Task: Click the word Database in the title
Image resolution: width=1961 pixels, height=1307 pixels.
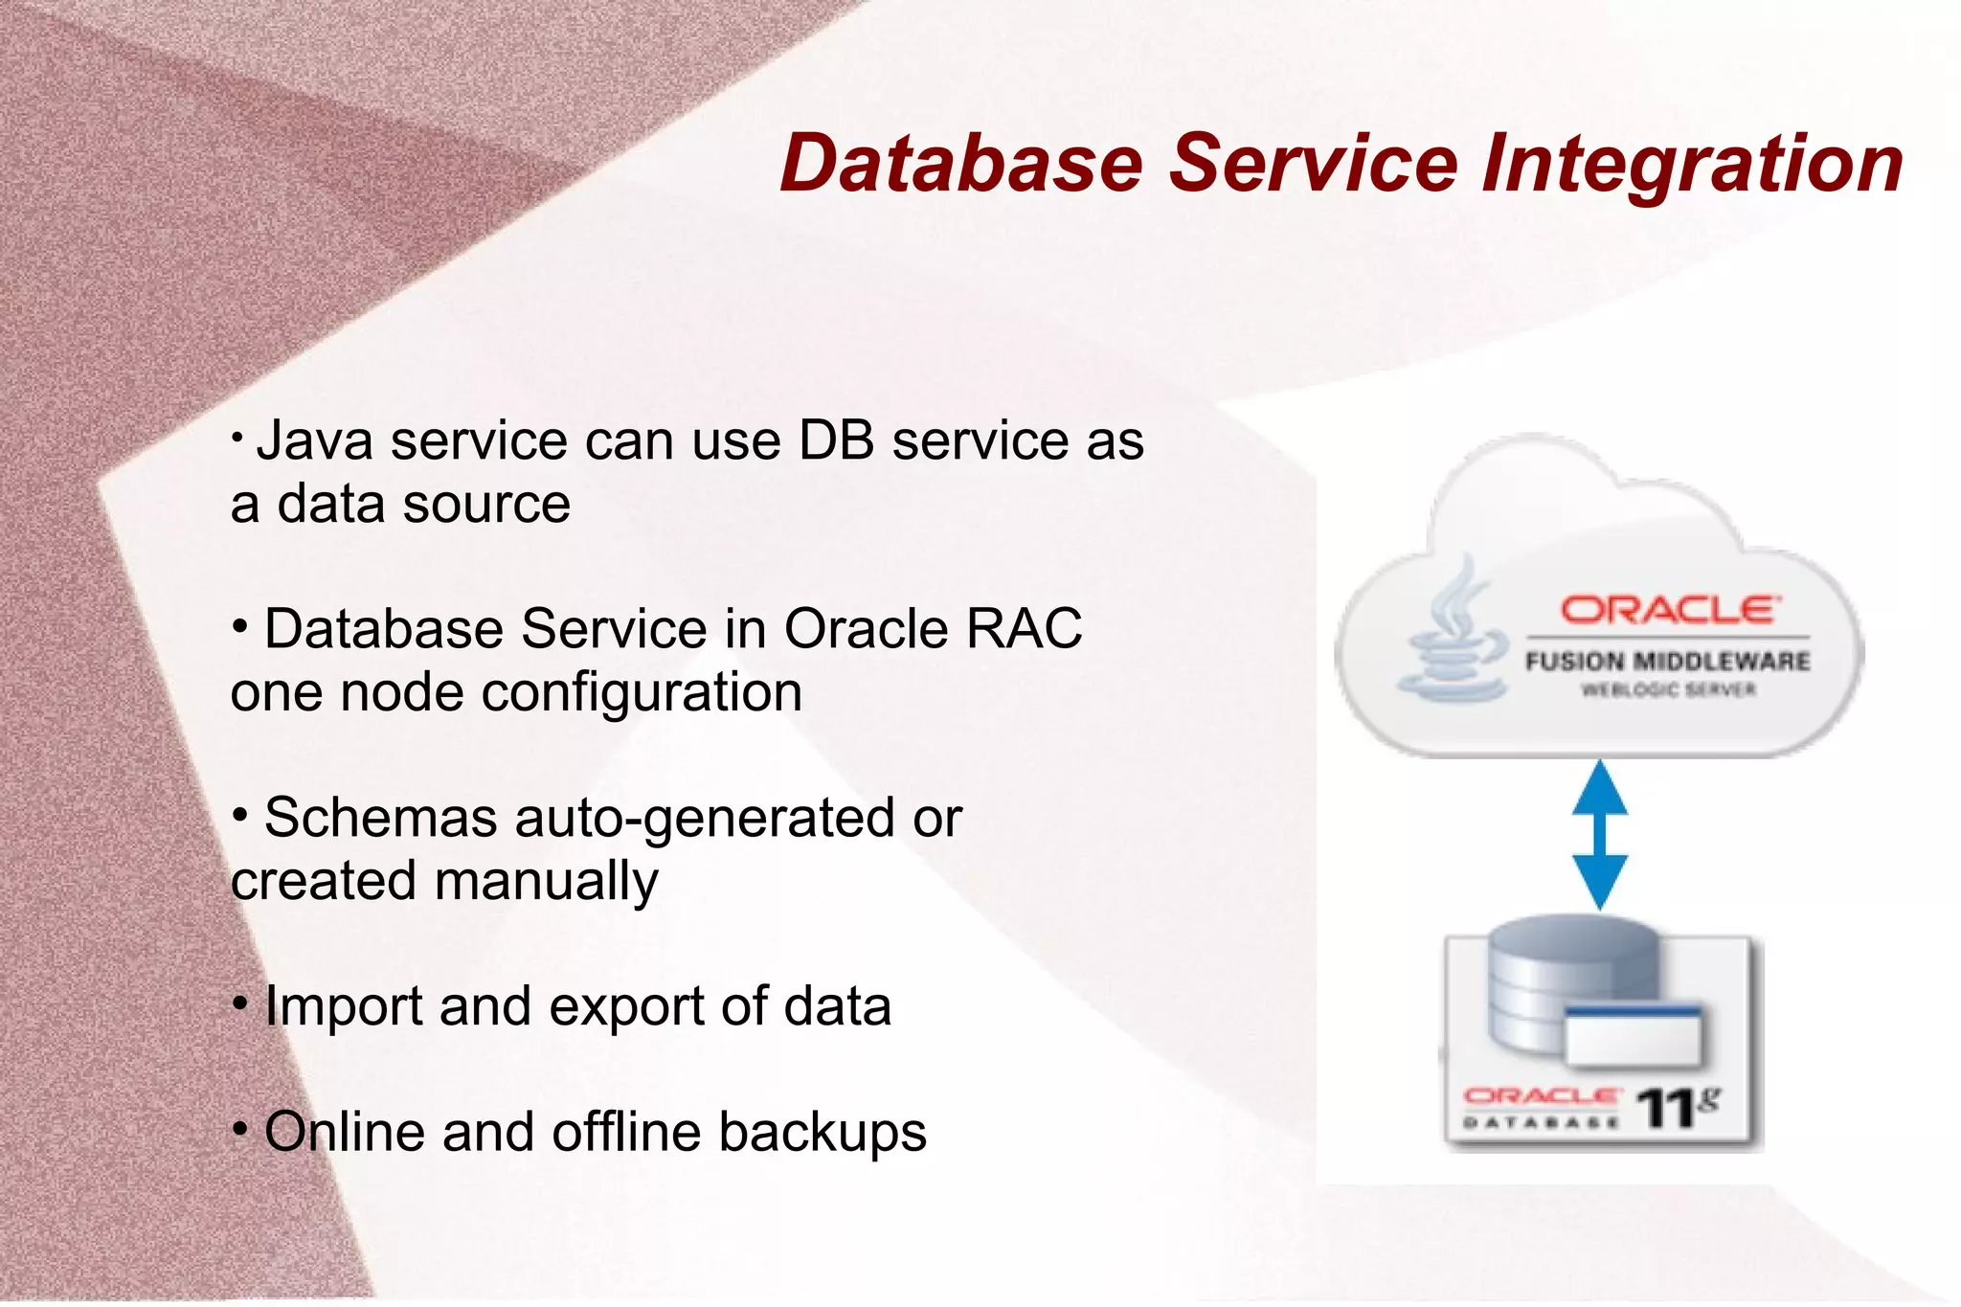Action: pyautogui.click(x=961, y=163)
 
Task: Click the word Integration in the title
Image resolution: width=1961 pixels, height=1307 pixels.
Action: pyautogui.click(x=1692, y=165)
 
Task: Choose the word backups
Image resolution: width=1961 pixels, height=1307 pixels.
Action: pyautogui.click(x=823, y=1134)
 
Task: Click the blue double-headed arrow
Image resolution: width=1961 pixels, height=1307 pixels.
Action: pyautogui.click(x=1599, y=834)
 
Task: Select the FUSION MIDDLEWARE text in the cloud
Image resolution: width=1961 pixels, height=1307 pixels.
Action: pyautogui.click(x=1667, y=661)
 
